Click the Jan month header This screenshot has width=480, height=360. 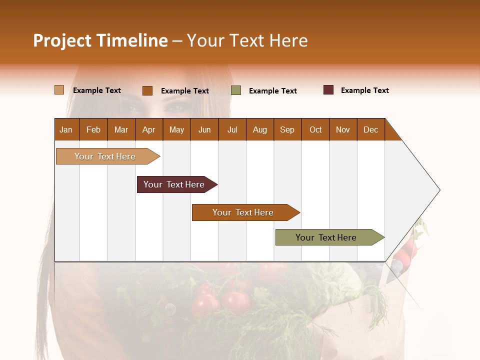click(66, 129)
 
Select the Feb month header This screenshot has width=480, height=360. click(93, 129)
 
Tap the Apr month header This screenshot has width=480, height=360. click(148, 129)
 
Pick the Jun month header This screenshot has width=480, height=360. click(204, 129)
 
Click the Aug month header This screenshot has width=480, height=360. click(259, 129)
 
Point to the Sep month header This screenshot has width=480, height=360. click(287, 129)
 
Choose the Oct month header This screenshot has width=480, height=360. click(315, 129)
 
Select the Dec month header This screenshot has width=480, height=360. click(370, 129)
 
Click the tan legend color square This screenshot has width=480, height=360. click(59, 90)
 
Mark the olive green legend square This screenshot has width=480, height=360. click(236, 90)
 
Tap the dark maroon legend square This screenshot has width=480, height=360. click(328, 90)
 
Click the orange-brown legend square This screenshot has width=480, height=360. click(147, 90)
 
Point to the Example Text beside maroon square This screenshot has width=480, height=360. click(364, 90)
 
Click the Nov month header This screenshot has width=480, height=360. click(342, 129)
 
